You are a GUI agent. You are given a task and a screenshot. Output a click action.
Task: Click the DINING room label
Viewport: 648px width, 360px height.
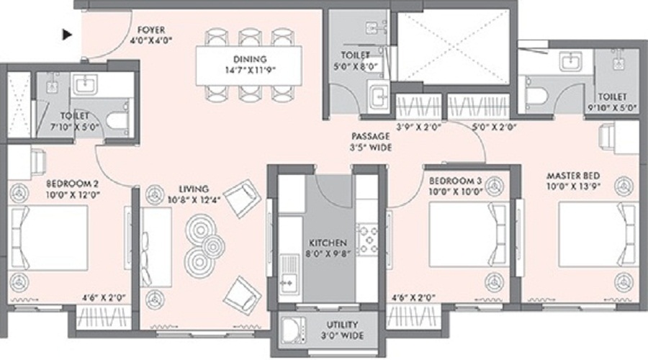pos(249,59)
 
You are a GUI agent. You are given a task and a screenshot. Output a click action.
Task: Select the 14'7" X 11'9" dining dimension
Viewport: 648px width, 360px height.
pos(249,71)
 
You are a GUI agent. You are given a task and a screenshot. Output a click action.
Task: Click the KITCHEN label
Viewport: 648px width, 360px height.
pos(328,243)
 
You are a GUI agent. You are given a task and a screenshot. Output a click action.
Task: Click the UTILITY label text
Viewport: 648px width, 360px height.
pos(341,325)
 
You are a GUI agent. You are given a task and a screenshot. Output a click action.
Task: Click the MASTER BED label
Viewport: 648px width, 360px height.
pos(573,176)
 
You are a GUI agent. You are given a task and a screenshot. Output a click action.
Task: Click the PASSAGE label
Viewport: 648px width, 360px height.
pos(370,135)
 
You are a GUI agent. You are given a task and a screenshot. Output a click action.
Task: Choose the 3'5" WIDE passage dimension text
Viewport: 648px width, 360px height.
pos(370,147)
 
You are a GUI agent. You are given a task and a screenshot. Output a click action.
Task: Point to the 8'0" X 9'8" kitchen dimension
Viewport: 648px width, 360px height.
pos(328,253)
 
